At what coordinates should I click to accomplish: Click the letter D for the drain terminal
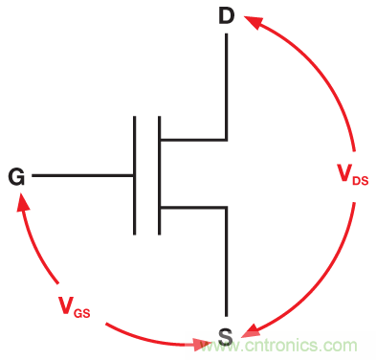click(x=227, y=16)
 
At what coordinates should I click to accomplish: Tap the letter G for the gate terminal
click(x=16, y=176)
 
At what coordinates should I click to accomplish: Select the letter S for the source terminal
click(x=226, y=336)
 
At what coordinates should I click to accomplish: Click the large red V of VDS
click(x=344, y=172)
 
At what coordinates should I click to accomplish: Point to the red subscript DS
click(x=361, y=181)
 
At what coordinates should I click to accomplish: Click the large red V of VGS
click(x=66, y=304)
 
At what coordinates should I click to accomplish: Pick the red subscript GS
click(x=82, y=313)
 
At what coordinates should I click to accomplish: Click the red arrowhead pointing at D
click(x=254, y=21)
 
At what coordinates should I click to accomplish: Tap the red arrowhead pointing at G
click(x=22, y=201)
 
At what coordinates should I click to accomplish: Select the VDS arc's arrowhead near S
click(x=252, y=330)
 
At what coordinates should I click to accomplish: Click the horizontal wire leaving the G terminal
click(x=82, y=175)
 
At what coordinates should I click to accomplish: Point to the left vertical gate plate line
click(x=135, y=175)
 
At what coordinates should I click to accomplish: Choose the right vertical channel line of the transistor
click(x=159, y=175)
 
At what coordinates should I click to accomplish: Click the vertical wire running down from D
click(x=227, y=86)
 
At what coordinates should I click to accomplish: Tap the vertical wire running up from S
click(x=227, y=261)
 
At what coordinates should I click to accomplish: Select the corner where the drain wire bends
click(x=227, y=140)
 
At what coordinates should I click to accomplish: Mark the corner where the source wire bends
click(x=227, y=208)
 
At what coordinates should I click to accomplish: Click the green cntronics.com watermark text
click(x=276, y=346)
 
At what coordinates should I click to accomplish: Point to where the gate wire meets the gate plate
click(x=134, y=175)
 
